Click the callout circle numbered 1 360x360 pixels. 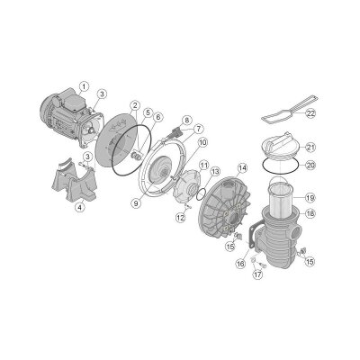83,86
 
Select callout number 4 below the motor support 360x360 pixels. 80,208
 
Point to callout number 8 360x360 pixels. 186,120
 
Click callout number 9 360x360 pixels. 135,203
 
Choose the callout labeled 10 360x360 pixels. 202,142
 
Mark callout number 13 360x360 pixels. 215,171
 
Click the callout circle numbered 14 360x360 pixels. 242,167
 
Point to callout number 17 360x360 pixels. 256,275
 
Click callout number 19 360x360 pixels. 310,197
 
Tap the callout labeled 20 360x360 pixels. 310,165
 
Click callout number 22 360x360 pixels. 310,113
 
